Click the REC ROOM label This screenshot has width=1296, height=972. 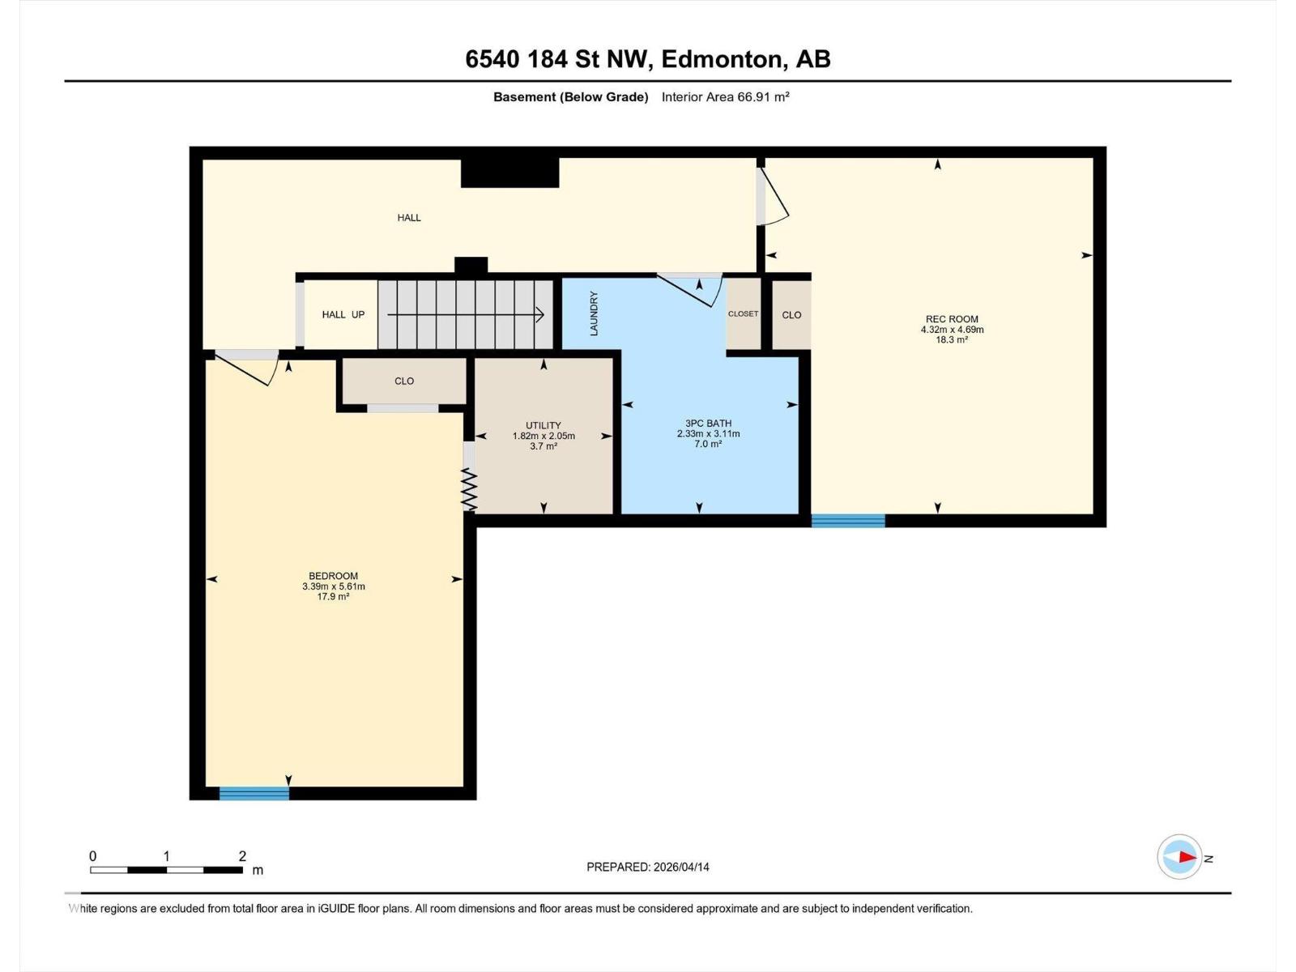[x=952, y=319]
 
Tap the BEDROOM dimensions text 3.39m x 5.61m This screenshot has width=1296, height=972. [x=333, y=586]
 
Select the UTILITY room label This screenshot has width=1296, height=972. [x=543, y=425]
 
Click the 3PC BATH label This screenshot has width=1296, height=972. [x=708, y=423]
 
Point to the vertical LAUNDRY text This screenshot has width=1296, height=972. [x=594, y=313]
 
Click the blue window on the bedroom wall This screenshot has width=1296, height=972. [x=254, y=793]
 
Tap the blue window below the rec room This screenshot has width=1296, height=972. [x=848, y=521]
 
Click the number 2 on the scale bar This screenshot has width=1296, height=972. [x=242, y=856]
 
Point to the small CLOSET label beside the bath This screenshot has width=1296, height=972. [x=743, y=313]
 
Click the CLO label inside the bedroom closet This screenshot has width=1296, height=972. [x=404, y=381]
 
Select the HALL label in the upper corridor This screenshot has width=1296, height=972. [x=409, y=217]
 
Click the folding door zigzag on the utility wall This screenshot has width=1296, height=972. [x=469, y=490]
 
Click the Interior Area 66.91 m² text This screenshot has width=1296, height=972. [x=725, y=97]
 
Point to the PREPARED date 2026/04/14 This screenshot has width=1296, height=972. [x=648, y=867]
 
